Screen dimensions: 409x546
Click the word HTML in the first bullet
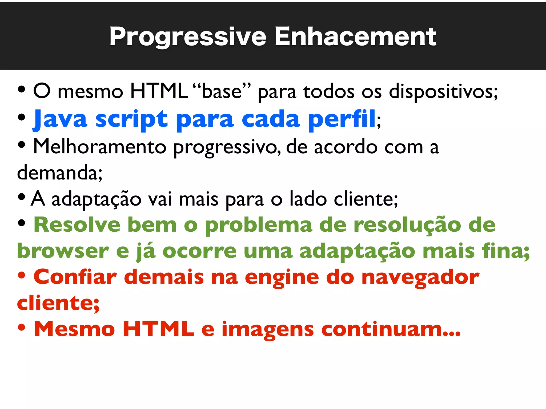159,91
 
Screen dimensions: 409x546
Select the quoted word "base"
222,91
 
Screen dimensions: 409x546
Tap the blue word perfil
342,119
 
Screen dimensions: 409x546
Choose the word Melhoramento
100,147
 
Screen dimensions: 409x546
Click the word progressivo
227,147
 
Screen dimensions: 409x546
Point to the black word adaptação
96,199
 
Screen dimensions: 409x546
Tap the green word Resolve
77,225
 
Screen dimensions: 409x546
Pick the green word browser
63,251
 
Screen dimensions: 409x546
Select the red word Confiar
75,277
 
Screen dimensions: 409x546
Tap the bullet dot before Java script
22,117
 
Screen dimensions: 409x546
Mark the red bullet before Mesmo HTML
22,328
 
